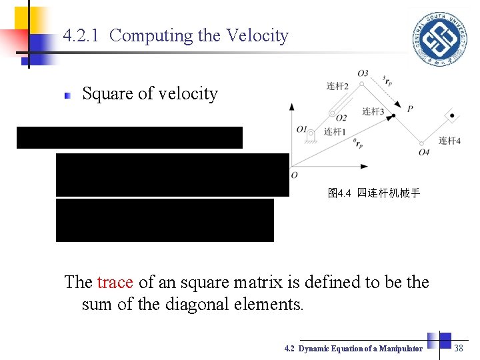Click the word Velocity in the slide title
tap(257, 35)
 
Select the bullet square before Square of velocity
tap(67, 96)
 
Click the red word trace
tap(115, 282)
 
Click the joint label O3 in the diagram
tap(363, 73)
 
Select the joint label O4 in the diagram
tap(424, 152)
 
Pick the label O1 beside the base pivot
tap(301, 128)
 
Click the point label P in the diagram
tap(410, 109)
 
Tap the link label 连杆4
tap(449, 140)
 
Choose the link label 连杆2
tap(337, 86)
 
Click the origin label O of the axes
tap(294, 175)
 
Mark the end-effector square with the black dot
tap(452, 116)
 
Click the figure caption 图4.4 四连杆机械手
tap(374, 193)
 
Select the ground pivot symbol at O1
tap(311, 135)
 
